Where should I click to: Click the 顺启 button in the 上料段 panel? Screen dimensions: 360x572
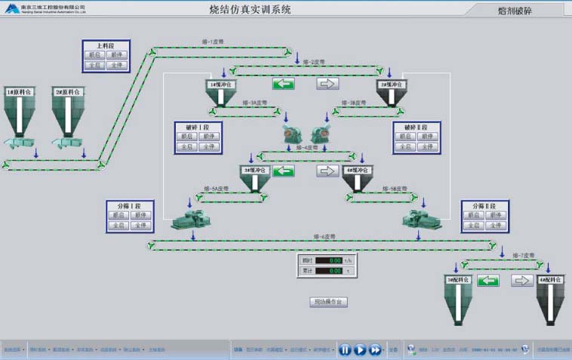click(x=95, y=55)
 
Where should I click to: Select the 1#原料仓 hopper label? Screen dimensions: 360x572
click(x=18, y=92)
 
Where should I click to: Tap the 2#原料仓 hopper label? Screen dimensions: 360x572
click(x=67, y=92)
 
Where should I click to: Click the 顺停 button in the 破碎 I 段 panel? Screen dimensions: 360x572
click(x=208, y=137)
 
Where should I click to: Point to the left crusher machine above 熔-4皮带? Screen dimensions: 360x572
click(x=293, y=136)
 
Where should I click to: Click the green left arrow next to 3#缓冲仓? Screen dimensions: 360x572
click(x=283, y=171)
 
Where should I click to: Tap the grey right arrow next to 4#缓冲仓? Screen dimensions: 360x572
click(x=327, y=171)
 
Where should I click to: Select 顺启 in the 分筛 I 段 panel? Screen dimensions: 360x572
click(x=118, y=215)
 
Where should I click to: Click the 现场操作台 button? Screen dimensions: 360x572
click(x=328, y=302)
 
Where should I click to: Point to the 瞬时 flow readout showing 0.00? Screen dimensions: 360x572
click(x=329, y=260)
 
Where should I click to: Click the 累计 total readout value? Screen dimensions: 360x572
click(x=329, y=270)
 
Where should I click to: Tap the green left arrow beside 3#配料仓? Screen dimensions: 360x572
click(x=488, y=281)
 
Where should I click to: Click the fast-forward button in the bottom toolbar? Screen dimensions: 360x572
click(x=375, y=349)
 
